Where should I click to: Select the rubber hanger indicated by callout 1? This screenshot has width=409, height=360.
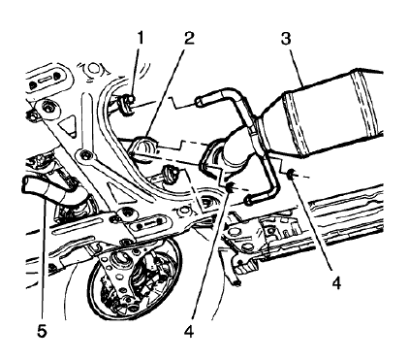(126, 104)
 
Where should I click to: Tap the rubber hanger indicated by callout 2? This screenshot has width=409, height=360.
(146, 148)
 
